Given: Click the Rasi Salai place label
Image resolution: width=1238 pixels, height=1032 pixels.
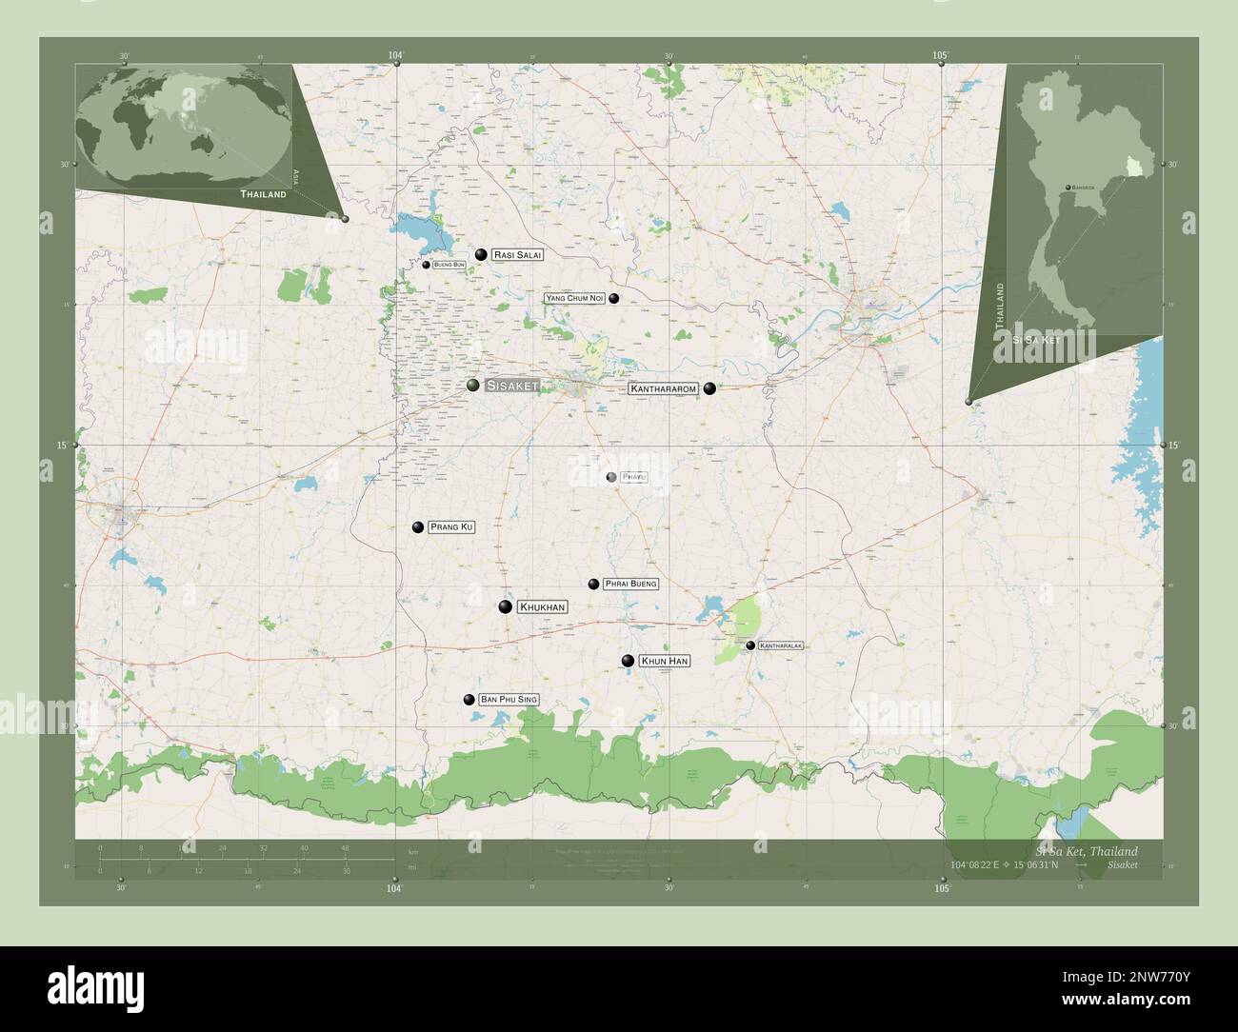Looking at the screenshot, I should tap(518, 255).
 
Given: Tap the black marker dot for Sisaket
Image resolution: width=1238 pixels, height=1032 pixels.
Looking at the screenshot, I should tap(473, 385).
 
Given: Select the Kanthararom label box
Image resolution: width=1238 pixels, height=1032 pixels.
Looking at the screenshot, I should tap(663, 389).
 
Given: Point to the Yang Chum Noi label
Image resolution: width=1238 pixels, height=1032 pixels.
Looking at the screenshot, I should tap(575, 299).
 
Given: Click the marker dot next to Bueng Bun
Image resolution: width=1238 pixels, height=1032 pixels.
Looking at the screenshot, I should tap(427, 265).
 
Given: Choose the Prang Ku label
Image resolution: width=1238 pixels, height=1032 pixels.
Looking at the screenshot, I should tap(451, 526).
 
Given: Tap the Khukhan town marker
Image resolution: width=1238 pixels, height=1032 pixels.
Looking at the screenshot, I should tap(506, 606).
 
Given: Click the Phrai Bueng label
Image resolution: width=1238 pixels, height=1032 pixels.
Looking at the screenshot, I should tap(630, 584).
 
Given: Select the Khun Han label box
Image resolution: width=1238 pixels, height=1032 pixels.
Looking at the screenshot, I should tap(664, 661).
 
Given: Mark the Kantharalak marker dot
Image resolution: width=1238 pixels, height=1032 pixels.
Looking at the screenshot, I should tap(750, 645).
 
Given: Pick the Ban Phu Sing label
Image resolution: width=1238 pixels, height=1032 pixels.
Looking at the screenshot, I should tap(509, 700).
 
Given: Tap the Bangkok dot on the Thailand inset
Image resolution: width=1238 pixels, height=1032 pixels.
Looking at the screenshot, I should tap(1069, 187).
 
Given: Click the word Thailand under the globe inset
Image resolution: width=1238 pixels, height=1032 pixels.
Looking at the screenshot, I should tap(263, 194).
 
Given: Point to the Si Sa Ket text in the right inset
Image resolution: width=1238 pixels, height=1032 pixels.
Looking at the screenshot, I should tap(1037, 339).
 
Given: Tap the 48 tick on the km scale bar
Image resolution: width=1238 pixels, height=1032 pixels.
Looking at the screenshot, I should tap(345, 847).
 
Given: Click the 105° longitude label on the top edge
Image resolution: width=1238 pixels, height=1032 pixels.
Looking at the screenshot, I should tap(941, 55).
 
